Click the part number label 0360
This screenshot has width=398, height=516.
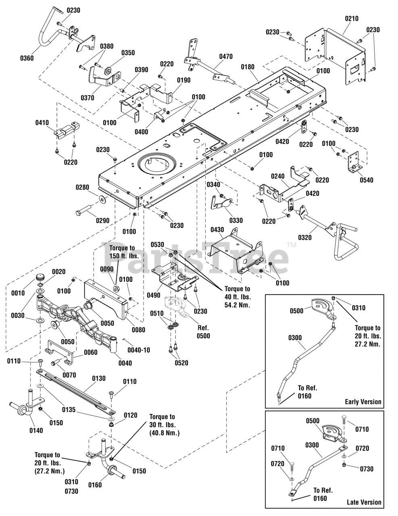(x=27, y=58)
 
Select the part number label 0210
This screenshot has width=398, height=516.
(x=352, y=19)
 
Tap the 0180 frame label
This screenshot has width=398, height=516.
(x=248, y=67)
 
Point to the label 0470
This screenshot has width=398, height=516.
(x=226, y=57)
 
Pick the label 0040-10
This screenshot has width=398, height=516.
(x=138, y=350)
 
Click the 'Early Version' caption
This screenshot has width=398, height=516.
(x=363, y=402)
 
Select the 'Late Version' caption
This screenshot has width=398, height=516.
(x=364, y=502)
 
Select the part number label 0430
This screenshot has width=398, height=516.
(x=217, y=229)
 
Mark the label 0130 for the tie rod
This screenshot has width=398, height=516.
(x=99, y=379)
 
